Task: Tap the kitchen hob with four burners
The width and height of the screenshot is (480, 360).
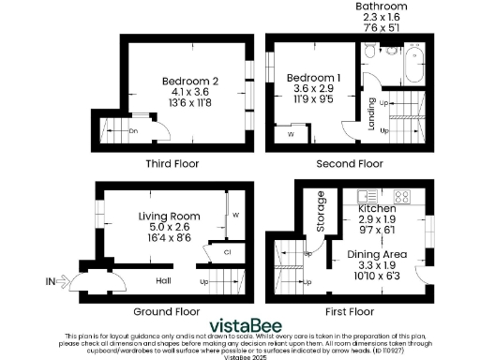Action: [x=401, y=197]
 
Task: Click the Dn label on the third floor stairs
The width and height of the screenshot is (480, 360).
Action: [x=133, y=130]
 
